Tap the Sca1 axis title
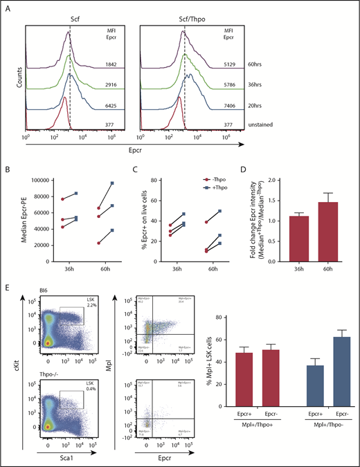pos(64,457)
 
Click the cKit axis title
pos(8,375)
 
